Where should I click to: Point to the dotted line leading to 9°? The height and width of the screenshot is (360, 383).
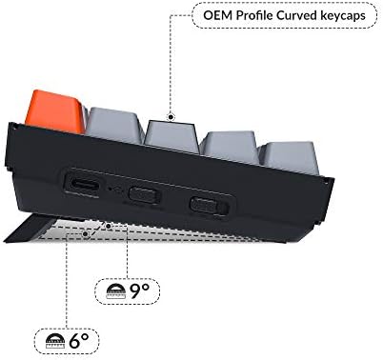(x=127, y=252)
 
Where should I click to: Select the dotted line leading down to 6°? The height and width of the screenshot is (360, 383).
(x=67, y=286)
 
